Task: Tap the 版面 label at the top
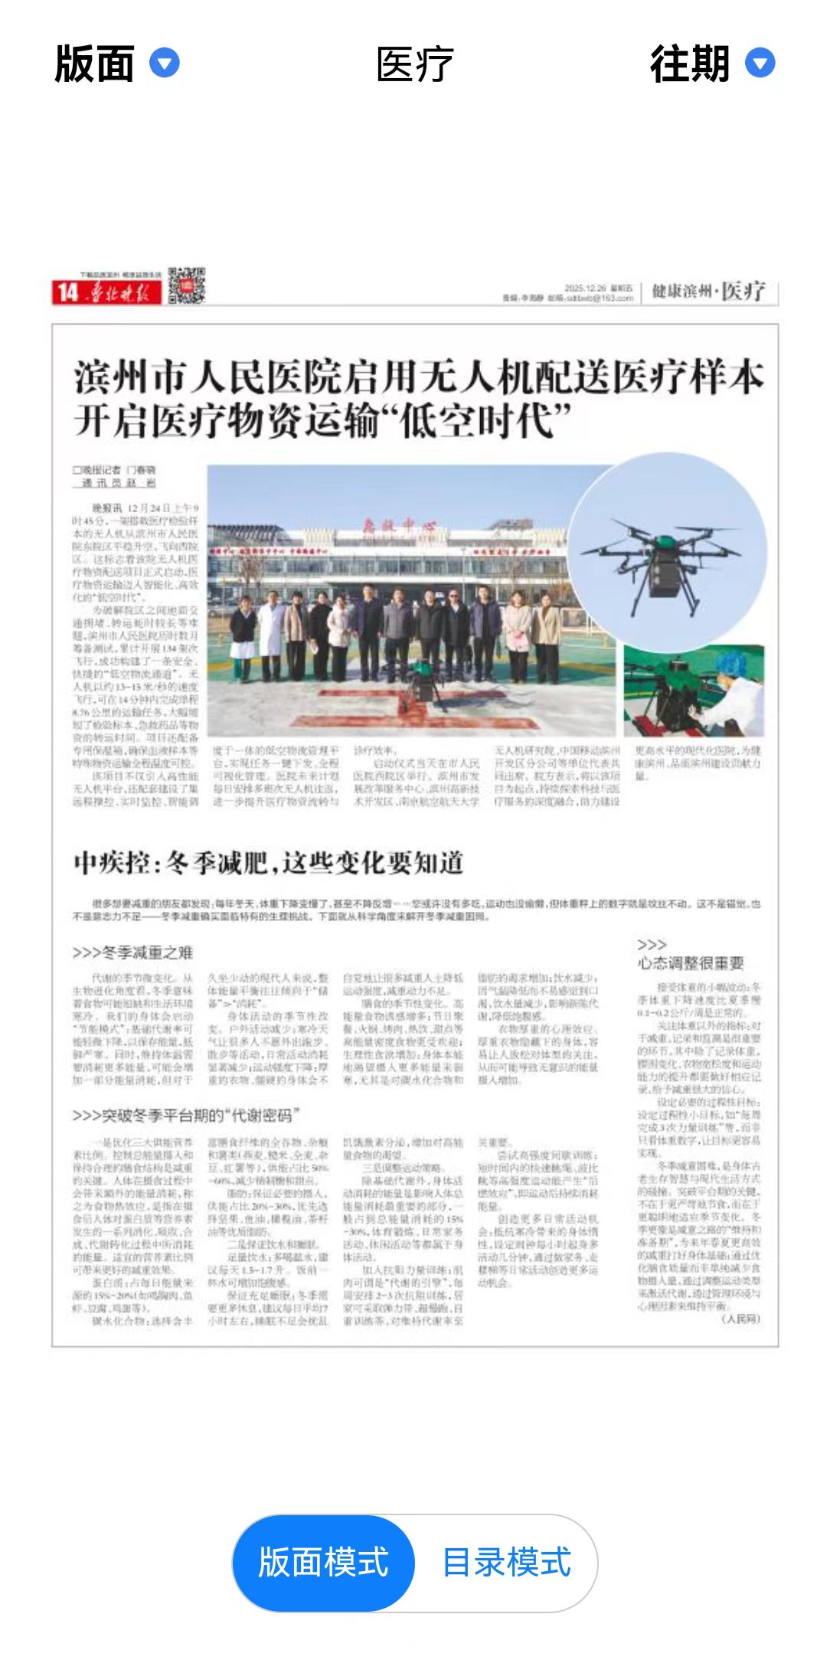(94, 64)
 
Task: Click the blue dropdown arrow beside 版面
(164, 63)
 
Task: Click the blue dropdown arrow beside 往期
(760, 63)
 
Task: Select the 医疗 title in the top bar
(414, 64)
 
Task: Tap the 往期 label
(689, 64)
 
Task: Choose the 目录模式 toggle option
(506, 1563)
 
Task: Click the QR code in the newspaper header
(187, 285)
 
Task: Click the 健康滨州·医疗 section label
(708, 291)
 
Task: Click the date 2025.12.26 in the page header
(585, 288)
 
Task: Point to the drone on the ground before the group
(420, 678)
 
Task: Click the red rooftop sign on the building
(398, 525)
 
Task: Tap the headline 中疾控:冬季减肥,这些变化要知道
(269, 863)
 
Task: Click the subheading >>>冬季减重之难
(132, 952)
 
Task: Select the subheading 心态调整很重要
(691, 963)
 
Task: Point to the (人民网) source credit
(740, 1318)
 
